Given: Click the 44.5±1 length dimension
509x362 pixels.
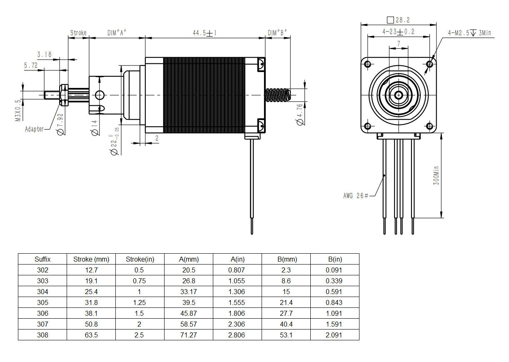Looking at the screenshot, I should click(205, 33).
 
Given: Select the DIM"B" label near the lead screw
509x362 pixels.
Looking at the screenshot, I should click(277, 33).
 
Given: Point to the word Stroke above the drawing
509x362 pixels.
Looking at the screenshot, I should click(78, 33).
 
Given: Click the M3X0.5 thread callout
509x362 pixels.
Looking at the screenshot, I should click(18, 110).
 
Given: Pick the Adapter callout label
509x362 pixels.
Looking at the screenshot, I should click(34, 129).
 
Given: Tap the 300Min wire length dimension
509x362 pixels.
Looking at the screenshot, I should click(436, 175).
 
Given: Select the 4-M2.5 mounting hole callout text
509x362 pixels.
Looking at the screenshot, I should click(469, 32).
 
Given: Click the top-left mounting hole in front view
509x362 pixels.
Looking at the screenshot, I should click(367, 64).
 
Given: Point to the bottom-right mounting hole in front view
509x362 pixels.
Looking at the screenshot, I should click(430, 126).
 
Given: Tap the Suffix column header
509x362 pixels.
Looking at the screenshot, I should click(42, 259).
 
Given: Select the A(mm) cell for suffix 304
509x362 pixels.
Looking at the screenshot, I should click(189, 292).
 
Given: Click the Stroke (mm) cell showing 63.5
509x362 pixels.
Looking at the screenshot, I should click(91, 335).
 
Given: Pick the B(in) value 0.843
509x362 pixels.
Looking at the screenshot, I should click(334, 302).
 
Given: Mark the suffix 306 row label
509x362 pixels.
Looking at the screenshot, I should click(42, 313).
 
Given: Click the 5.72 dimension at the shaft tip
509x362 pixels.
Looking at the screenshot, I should click(31, 65).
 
